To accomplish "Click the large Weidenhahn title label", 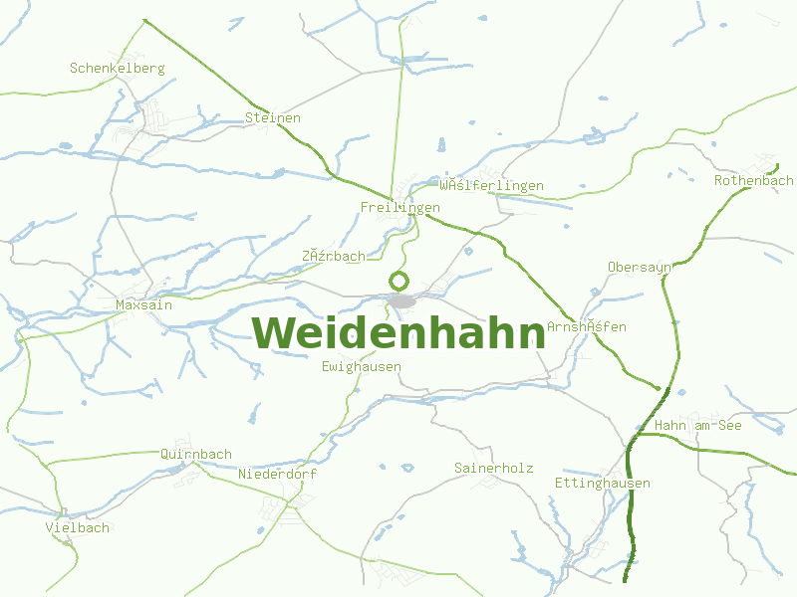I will pos(398,333).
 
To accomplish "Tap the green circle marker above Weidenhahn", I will pos(399,281).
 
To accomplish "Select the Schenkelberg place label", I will pos(117,69).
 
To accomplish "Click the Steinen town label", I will pos(273,118).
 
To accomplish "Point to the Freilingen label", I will pos(399,208).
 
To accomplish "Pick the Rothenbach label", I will pos(754,181).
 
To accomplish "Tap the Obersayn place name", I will pos(641,268).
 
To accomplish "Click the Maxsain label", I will pos(143,305).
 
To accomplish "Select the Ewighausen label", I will pos(362,367).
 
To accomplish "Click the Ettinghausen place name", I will pos(603,484).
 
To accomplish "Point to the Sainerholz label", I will pos(494,468).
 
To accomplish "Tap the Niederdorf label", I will pos(278,475).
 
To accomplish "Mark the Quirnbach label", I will pos(196,455).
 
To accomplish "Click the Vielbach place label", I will pos(78,527).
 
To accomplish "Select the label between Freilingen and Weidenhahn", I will pos(334,257).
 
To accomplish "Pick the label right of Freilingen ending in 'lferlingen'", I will pos(492,186).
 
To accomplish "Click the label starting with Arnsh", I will pos(587,327).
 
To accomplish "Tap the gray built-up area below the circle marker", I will pos(402,300).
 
